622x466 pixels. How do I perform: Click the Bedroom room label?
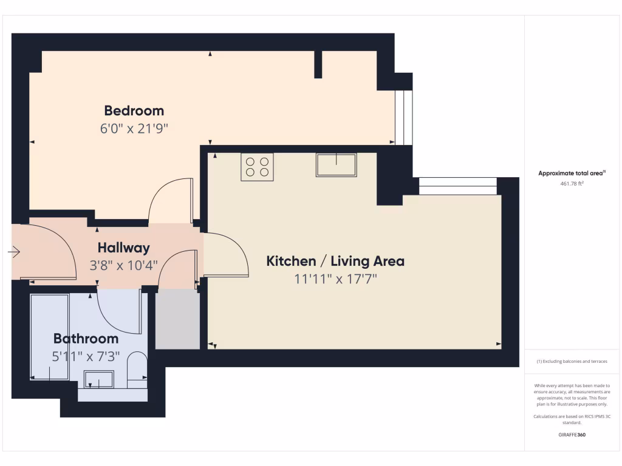tap(134, 110)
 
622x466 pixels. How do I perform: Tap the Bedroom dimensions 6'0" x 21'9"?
tap(134, 129)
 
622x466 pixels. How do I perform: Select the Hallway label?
tap(124, 248)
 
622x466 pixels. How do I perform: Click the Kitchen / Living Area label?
tap(335, 261)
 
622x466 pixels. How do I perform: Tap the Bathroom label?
tap(86, 339)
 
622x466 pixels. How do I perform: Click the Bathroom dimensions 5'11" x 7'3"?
tap(86, 356)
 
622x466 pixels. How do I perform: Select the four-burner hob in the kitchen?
tap(257, 167)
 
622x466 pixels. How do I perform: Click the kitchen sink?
tap(336, 164)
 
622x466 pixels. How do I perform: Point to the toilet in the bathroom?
tap(137, 370)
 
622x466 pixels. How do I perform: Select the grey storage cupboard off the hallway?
tap(177, 319)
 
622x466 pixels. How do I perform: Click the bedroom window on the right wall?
tap(403, 118)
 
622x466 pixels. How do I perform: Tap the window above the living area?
tap(458, 186)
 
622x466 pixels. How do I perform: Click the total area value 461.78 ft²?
tap(572, 183)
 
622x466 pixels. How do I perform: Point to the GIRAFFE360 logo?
tap(572, 434)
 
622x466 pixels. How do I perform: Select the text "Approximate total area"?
tap(570, 174)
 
